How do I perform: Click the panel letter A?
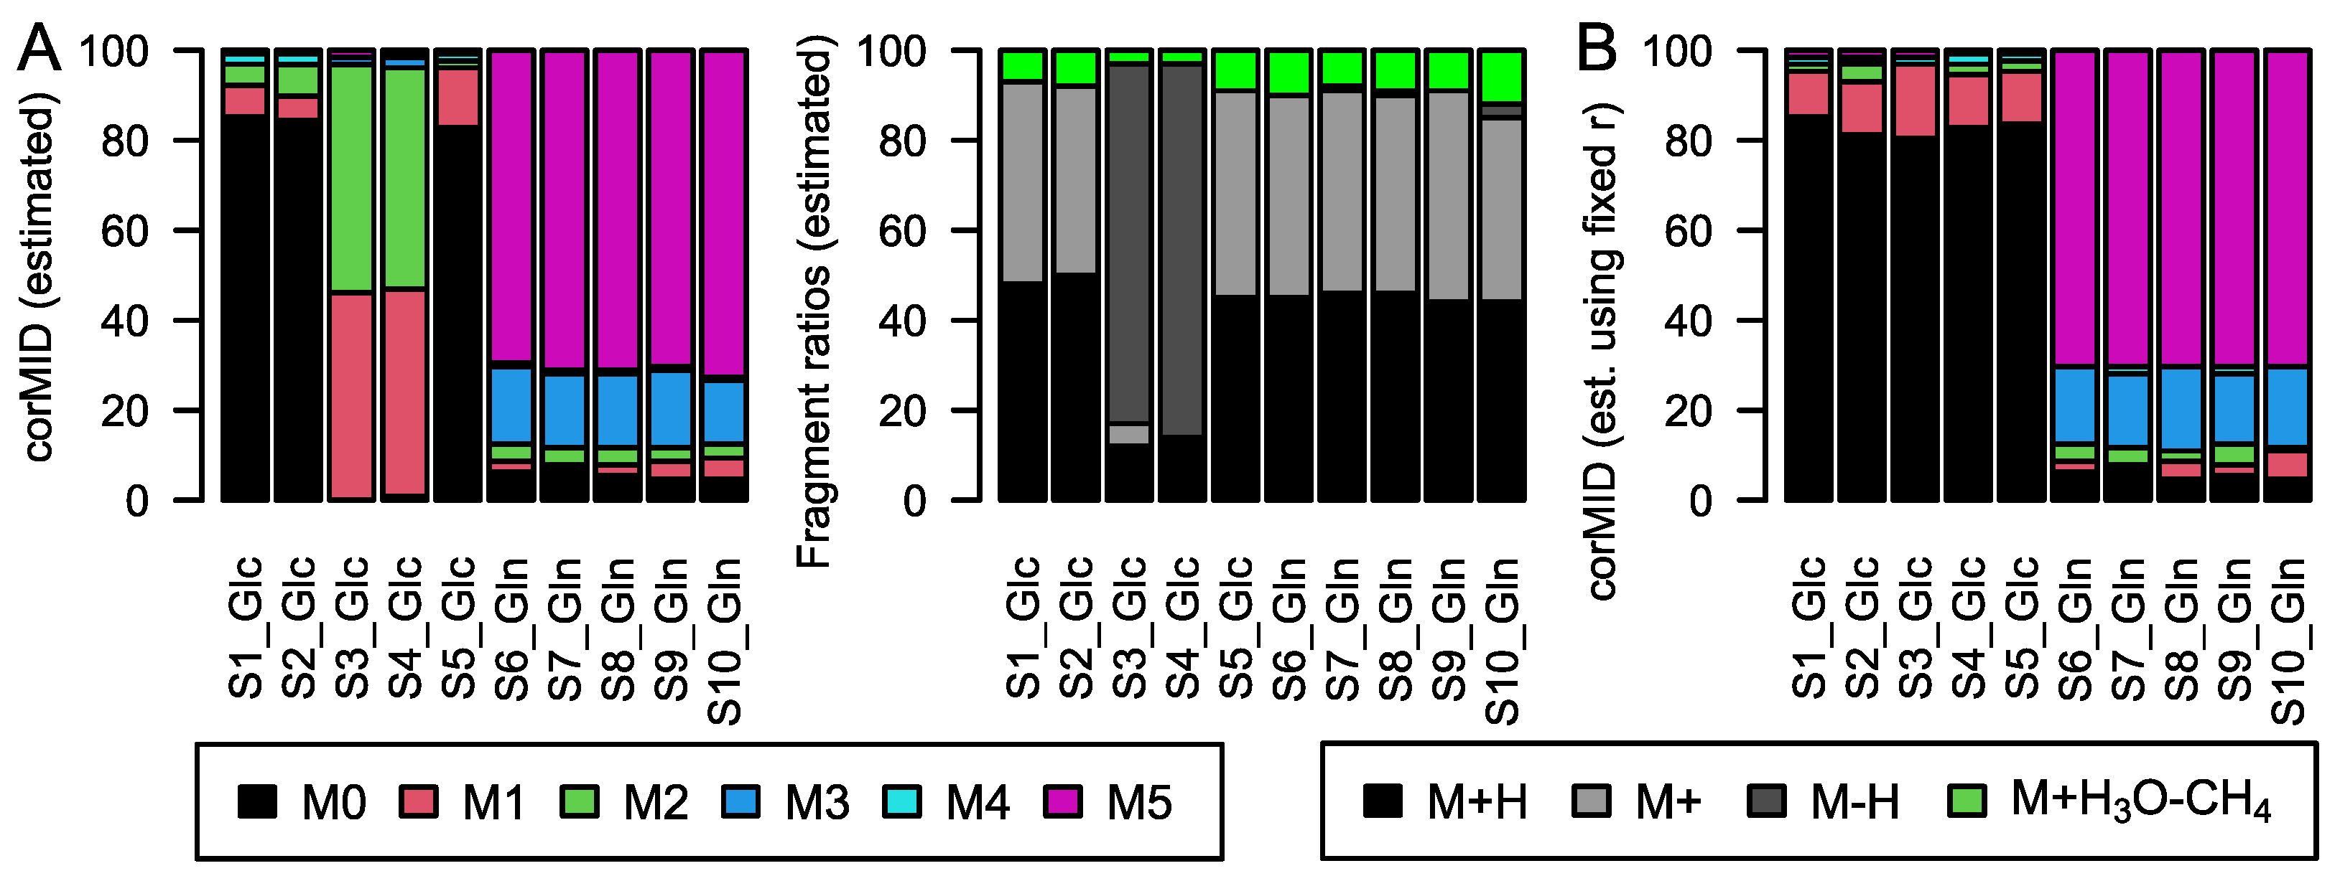click(39, 50)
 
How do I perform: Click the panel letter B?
click(1596, 50)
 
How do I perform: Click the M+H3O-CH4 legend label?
click(2139, 801)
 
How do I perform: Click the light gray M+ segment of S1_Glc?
click(1023, 182)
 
